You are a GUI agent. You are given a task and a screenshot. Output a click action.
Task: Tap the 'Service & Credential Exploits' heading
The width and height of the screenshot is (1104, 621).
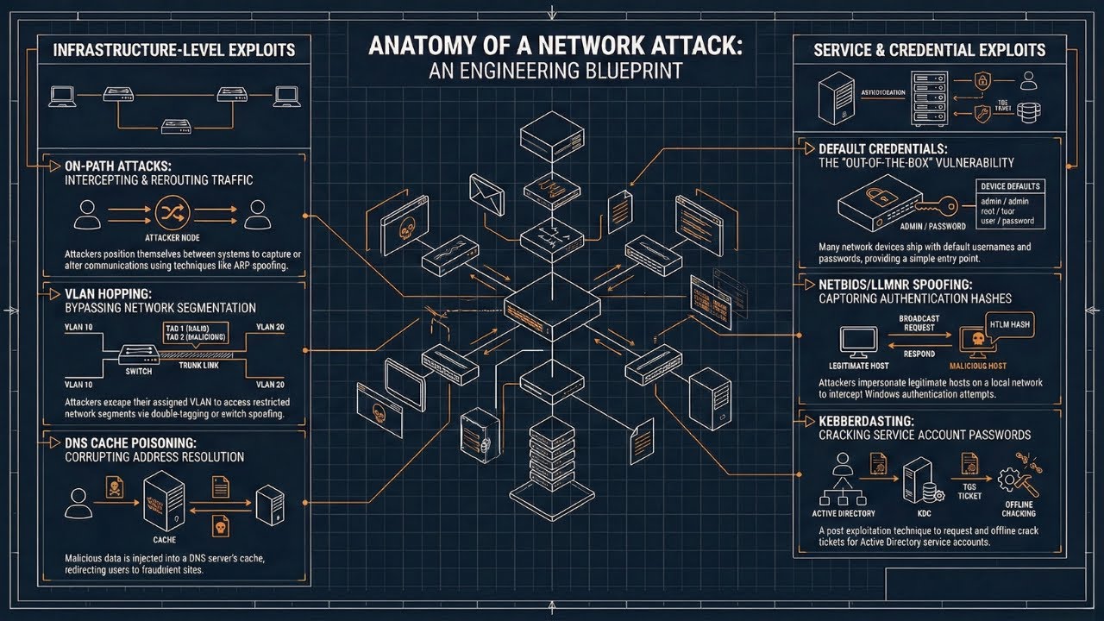click(929, 50)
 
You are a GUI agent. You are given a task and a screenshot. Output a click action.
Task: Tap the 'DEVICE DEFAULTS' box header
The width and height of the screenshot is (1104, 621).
click(1010, 186)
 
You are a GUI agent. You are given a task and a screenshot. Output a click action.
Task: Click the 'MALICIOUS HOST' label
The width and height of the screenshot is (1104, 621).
click(973, 367)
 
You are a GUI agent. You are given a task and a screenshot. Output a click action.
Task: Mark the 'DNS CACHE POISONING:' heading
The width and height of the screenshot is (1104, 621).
click(122, 442)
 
